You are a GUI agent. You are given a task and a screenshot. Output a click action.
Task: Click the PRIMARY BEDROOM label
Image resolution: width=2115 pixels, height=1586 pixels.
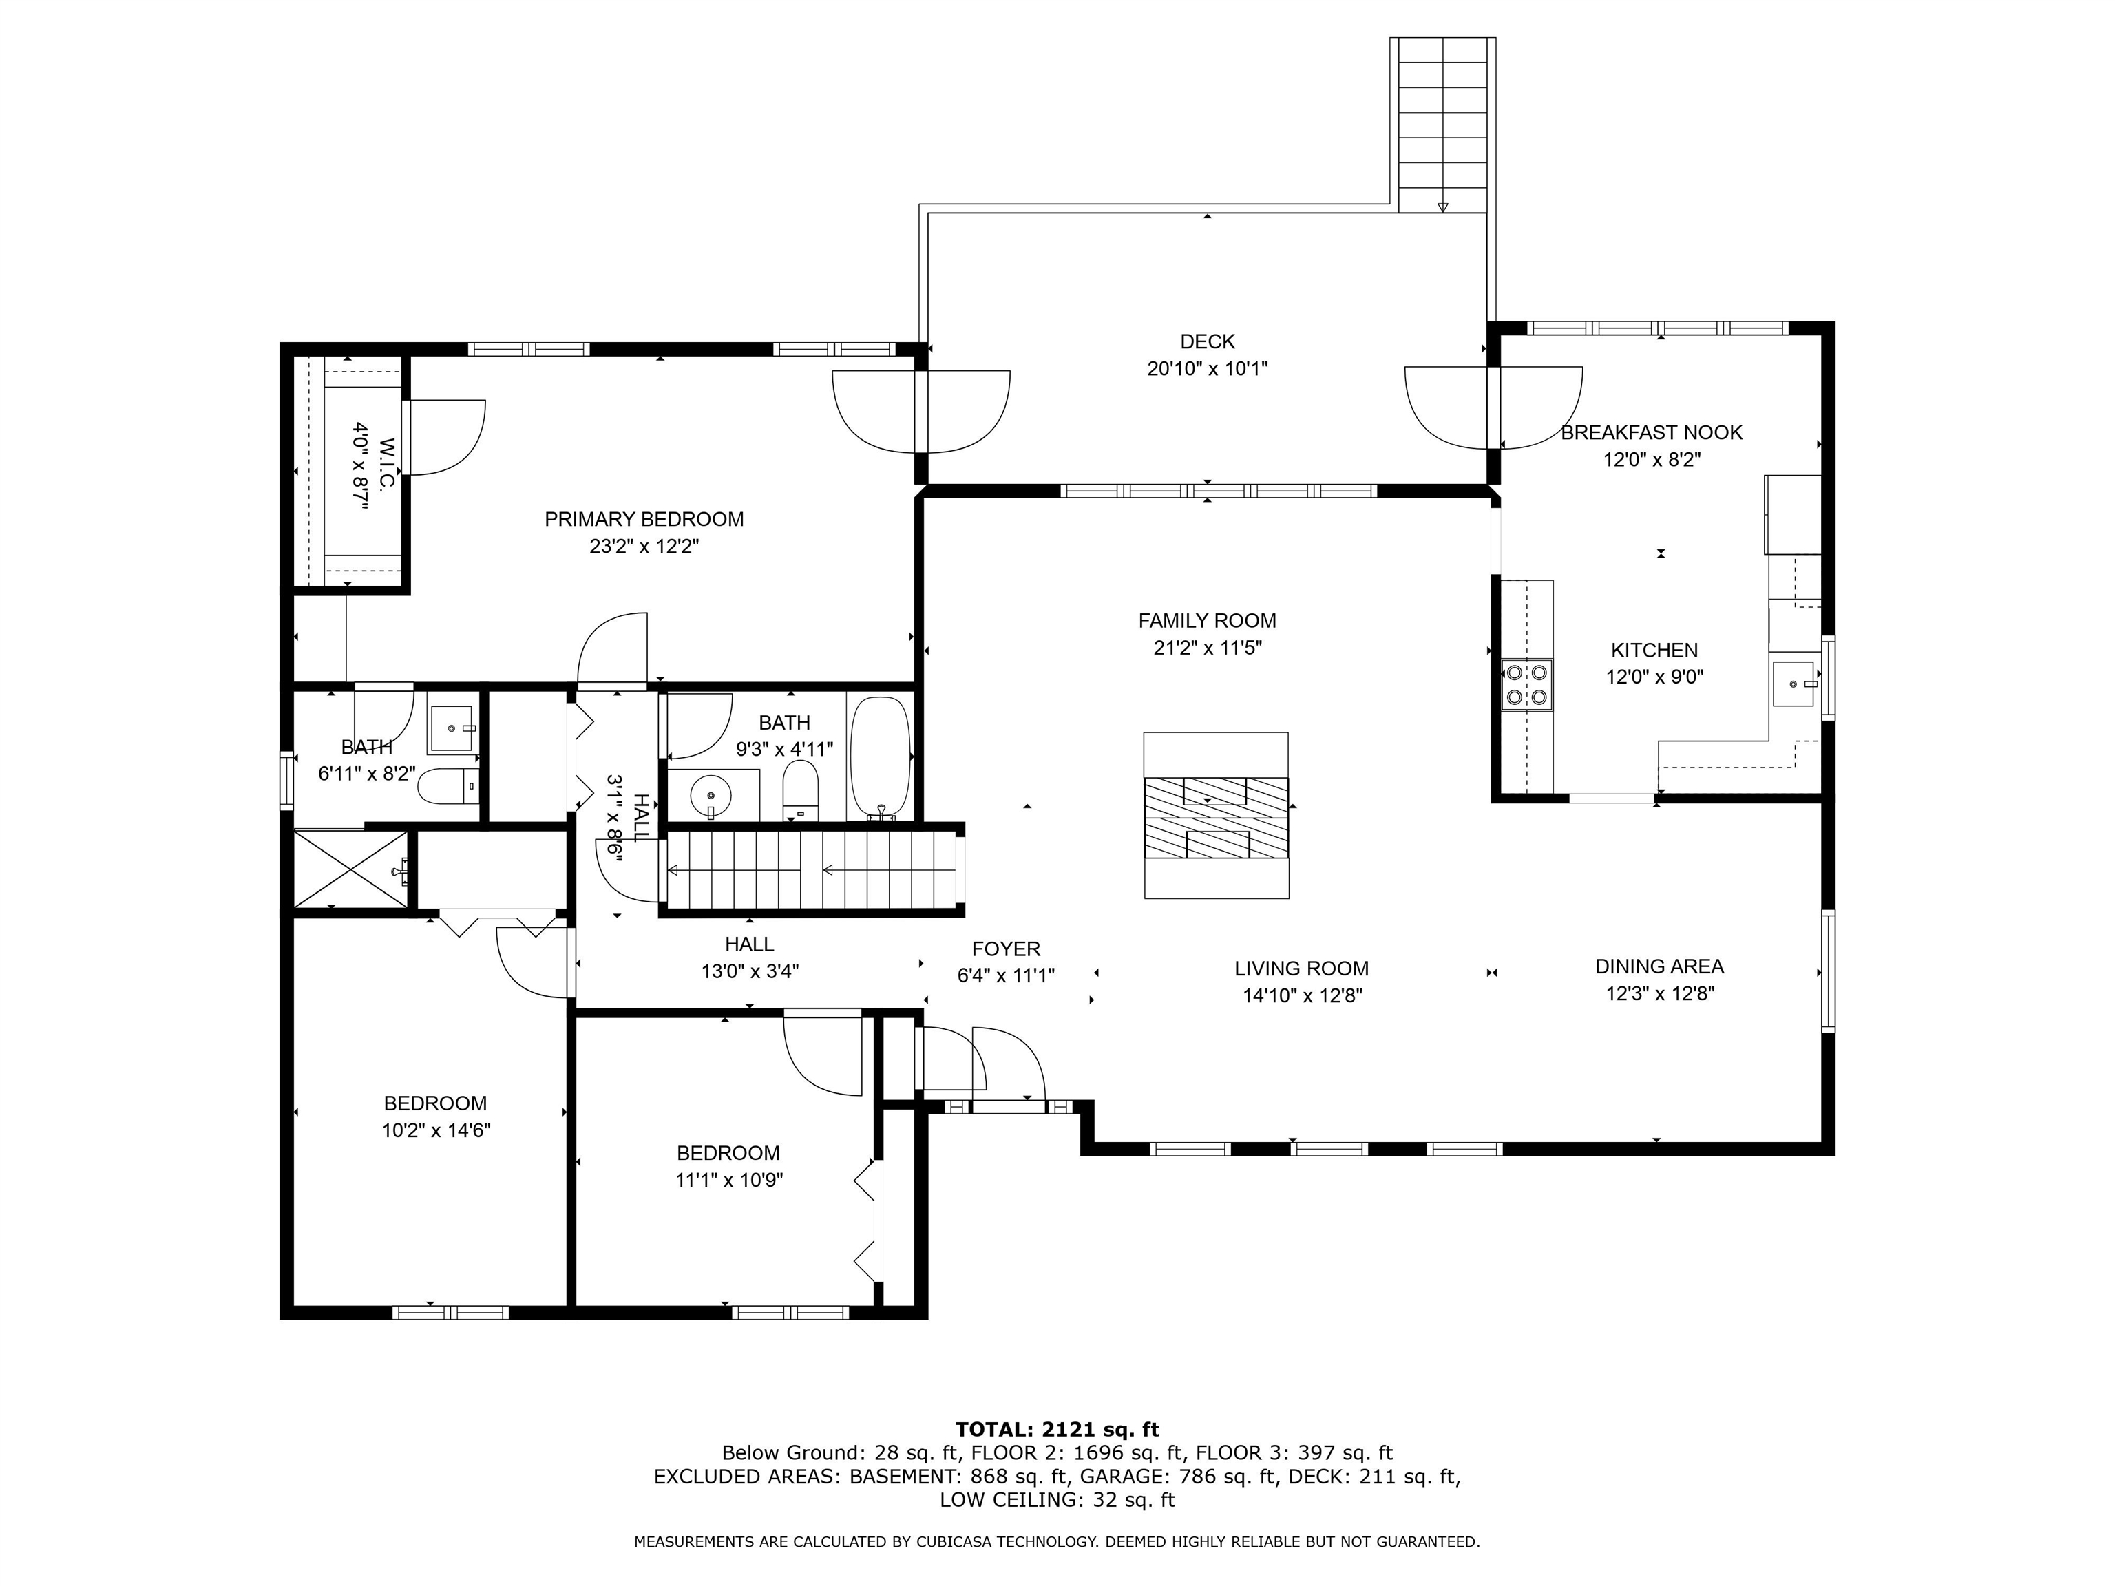point(644,519)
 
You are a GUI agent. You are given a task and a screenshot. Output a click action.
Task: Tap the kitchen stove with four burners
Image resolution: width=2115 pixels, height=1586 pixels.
point(1526,684)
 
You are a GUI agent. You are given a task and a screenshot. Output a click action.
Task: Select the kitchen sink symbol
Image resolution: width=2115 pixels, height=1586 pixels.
point(1793,684)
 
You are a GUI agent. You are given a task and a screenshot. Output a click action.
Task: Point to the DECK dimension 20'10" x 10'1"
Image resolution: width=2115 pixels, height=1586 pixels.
point(1207,368)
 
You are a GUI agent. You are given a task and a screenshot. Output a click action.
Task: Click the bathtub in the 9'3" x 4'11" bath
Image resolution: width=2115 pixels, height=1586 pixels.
point(880,758)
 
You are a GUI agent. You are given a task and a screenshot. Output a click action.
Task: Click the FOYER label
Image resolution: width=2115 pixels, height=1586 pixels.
point(1006,949)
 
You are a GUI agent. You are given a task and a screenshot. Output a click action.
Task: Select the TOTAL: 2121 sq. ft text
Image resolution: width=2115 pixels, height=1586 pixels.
point(1057,1429)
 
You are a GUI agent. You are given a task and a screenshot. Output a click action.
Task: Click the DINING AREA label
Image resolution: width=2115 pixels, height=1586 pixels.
point(1659,966)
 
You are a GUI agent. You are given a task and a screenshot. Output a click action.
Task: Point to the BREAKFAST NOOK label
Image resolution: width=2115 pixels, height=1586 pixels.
point(1651,432)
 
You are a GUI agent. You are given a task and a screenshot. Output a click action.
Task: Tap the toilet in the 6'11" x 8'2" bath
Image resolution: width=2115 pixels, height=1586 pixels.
point(450,787)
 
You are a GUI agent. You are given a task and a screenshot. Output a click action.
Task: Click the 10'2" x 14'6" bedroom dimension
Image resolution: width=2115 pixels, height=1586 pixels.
point(436,1130)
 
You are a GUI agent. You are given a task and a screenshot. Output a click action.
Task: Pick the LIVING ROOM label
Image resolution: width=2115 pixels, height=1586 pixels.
point(1301,969)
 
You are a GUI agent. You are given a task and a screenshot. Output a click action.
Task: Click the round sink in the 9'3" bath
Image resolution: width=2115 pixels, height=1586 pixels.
point(711,794)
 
